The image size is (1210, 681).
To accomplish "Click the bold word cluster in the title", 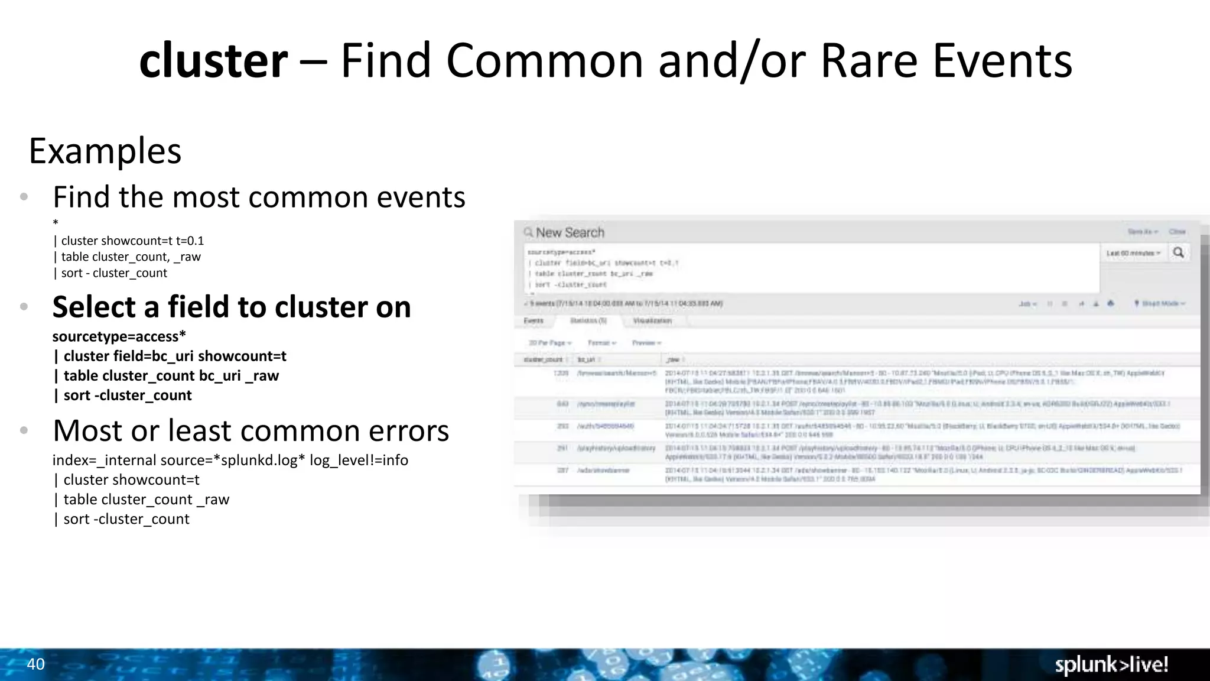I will point(213,61).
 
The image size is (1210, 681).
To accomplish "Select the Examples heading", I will point(105,151).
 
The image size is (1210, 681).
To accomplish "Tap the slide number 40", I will point(35,664).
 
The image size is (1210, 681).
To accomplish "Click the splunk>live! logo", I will point(1111,665).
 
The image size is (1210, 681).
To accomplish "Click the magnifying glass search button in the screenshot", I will point(1178,253).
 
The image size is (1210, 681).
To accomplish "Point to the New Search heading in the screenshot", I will point(570,233).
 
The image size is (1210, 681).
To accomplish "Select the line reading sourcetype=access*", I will point(119,336).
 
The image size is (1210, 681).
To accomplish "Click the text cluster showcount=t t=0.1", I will point(132,241).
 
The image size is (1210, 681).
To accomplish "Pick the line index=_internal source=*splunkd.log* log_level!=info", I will point(230,460).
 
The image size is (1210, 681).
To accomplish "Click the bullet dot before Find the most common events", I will point(24,197).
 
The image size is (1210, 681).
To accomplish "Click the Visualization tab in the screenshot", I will point(652,320).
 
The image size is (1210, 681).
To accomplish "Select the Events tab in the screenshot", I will point(534,320).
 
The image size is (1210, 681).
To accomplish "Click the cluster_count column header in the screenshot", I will point(543,359).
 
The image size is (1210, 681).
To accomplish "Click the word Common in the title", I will point(544,61).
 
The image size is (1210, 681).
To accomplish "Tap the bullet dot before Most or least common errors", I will point(24,430).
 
